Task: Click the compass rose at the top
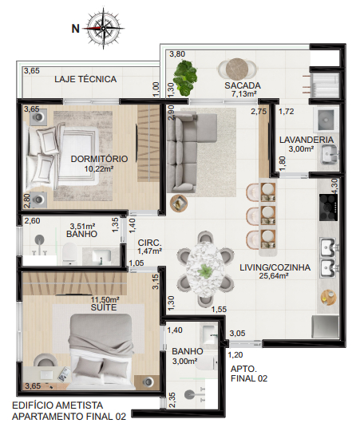point(103,28)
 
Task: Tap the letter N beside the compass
point(75,29)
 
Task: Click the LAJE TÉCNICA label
point(85,79)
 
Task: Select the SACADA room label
point(243,85)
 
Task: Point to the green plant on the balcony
point(186,78)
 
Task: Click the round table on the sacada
point(237,69)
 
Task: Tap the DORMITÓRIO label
point(99,159)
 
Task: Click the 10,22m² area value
point(99,168)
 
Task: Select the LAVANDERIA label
point(307,140)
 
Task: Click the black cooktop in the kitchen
point(328,208)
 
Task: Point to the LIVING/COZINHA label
point(275,267)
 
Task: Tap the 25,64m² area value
point(274,275)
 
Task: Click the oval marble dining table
point(205,270)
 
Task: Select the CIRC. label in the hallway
point(149,243)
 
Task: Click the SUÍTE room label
point(104,307)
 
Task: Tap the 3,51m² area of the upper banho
point(82,227)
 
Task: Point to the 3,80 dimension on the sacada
point(177,54)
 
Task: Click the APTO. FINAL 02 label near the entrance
point(249,374)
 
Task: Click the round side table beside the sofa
point(179,204)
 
